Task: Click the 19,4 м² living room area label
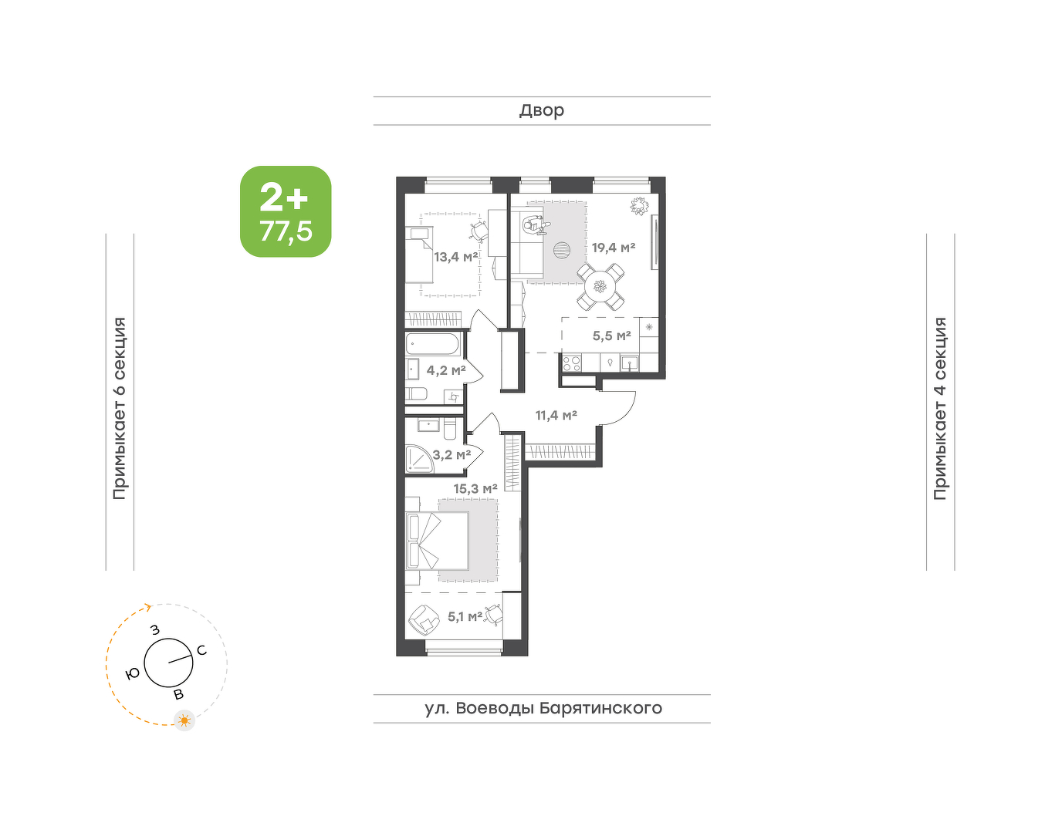[614, 248]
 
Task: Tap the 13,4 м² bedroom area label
[455, 256]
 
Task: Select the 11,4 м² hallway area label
[556, 416]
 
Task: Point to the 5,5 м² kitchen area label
[611, 336]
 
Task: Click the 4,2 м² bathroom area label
[446, 370]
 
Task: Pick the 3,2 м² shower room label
[452, 455]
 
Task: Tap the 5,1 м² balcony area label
[465, 617]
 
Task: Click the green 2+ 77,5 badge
[286, 211]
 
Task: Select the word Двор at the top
[542, 110]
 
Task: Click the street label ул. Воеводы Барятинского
[543, 708]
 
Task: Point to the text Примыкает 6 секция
[120, 408]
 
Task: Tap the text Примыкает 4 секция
[940, 408]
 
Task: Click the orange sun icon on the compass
[184, 720]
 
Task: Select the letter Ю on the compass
[133, 674]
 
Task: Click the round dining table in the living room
[600, 286]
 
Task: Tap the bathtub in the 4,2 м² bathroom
[432, 345]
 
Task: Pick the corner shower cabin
[419, 458]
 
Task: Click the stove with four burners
[572, 364]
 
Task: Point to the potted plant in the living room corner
[638, 206]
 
